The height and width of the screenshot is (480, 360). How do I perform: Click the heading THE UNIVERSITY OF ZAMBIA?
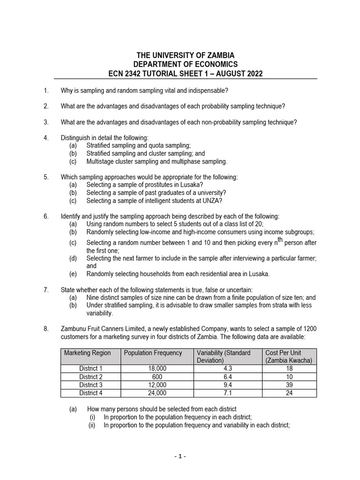pos(185,55)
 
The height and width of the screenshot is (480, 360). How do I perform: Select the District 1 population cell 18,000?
pos(157,369)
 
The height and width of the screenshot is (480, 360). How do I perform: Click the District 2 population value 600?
pos(157,377)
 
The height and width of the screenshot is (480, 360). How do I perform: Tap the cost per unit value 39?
pos(289,385)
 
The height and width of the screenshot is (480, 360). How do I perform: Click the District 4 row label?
pos(90,393)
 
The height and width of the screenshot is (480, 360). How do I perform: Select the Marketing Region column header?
pos(88,353)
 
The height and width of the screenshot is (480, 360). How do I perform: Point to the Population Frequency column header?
pos(153,353)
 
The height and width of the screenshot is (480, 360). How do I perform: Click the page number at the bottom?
pos(180,456)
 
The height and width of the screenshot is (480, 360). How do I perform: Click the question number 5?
pos(46,177)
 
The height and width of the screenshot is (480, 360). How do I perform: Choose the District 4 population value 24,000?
pos(157,393)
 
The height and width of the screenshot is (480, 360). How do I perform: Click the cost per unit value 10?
pos(289,377)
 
